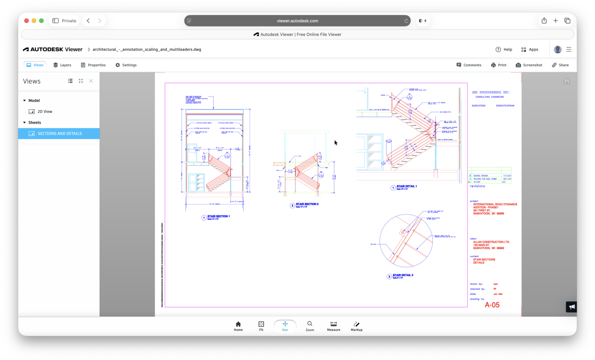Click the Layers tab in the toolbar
click(x=62, y=65)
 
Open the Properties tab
click(x=93, y=65)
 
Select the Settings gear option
click(x=126, y=65)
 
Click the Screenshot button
click(x=529, y=65)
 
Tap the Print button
click(x=499, y=65)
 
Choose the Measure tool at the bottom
click(x=334, y=326)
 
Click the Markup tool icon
click(x=356, y=326)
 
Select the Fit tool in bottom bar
click(x=261, y=326)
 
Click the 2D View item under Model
click(x=45, y=112)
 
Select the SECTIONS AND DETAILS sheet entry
click(x=60, y=134)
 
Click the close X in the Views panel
click(x=91, y=81)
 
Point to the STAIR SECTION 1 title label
click(x=218, y=217)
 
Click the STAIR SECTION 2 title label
click(x=307, y=204)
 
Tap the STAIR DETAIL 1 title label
click(x=406, y=186)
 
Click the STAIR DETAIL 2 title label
click(x=403, y=275)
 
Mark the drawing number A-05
click(x=492, y=305)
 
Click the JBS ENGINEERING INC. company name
click(x=490, y=93)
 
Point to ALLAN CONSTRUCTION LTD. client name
click(x=491, y=242)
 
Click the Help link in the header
click(x=504, y=50)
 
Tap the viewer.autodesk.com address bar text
click(x=297, y=21)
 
